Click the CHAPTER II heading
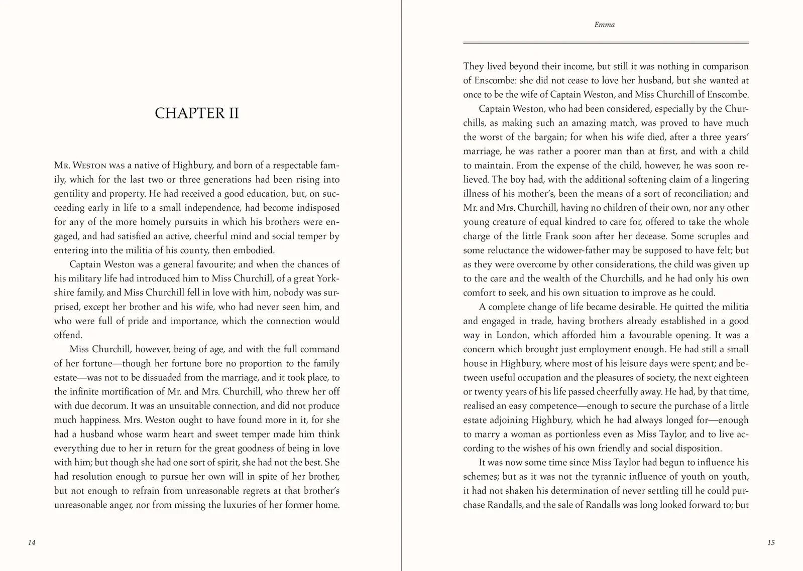pyautogui.click(x=197, y=113)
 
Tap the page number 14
pyautogui.click(x=32, y=542)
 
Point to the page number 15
pyautogui.click(x=771, y=542)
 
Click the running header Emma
pyautogui.click(x=604, y=25)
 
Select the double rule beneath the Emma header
pyautogui.click(x=606, y=43)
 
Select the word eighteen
pyautogui.click(x=726, y=378)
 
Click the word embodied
pyautogui.click(x=253, y=250)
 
